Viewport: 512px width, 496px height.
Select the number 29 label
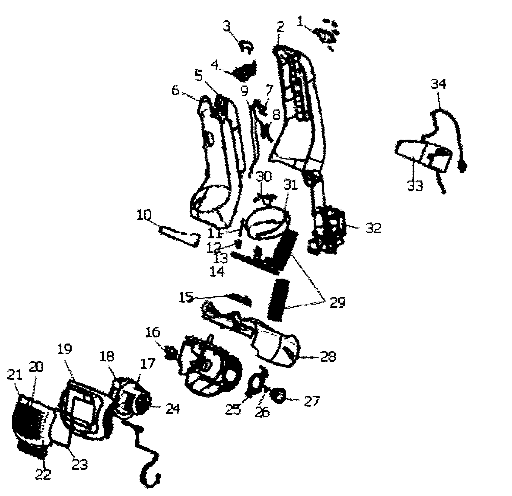[337, 302]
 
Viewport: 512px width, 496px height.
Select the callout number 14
[217, 271]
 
